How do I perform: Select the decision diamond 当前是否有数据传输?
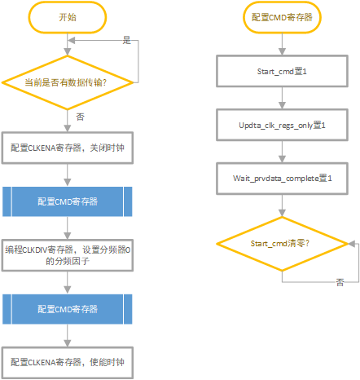coord(68,82)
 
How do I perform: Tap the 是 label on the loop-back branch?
coord(126,39)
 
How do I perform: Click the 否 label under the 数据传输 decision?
coord(81,117)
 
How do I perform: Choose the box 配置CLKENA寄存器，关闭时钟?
coord(68,147)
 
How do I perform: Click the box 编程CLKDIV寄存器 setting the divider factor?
coord(68,256)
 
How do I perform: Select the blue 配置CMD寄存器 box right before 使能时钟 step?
coord(68,310)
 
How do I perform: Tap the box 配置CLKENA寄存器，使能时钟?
coord(68,361)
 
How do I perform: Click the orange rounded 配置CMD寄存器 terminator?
coord(283,17)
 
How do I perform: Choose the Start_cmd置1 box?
coord(282,71)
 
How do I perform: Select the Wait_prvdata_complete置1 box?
coord(282,176)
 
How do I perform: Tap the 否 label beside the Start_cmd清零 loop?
coord(340,282)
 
